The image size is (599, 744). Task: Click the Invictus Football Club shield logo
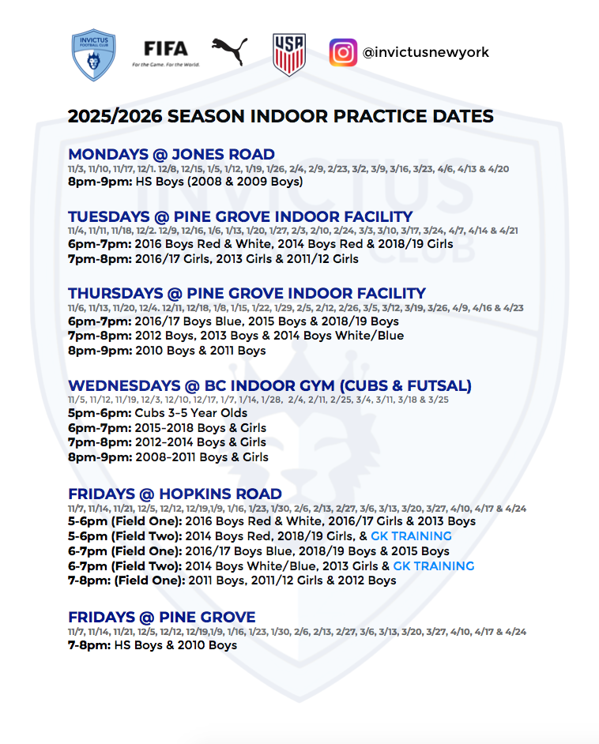click(x=93, y=54)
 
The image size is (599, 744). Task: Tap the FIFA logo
click(x=166, y=53)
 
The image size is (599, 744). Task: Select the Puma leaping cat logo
click(x=230, y=51)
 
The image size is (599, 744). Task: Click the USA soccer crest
click(x=289, y=54)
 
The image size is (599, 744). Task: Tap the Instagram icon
click(x=343, y=52)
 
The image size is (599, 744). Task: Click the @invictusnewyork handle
click(x=426, y=52)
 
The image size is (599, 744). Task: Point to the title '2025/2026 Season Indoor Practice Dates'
click(x=281, y=116)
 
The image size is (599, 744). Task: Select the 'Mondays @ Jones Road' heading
click(x=171, y=154)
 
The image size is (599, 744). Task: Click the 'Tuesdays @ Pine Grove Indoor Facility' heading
click(x=240, y=216)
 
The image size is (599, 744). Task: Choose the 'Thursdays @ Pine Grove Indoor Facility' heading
click(x=247, y=293)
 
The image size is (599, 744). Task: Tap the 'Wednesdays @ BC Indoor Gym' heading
click(x=269, y=385)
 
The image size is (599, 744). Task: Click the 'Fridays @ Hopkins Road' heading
click(x=175, y=494)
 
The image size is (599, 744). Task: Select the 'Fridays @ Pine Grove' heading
click(x=162, y=617)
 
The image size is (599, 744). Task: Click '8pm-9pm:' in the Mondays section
click(x=100, y=182)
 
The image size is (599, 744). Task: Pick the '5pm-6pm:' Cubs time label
click(x=100, y=413)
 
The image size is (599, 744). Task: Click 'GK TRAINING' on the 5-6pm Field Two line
click(x=411, y=536)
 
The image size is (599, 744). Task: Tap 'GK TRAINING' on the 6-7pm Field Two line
click(x=434, y=566)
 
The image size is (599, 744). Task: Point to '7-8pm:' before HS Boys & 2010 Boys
click(x=89, y=645)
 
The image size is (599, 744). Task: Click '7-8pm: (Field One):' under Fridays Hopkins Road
click(x=126, y=581)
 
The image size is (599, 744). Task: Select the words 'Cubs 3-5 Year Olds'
click(x=191, y=413)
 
